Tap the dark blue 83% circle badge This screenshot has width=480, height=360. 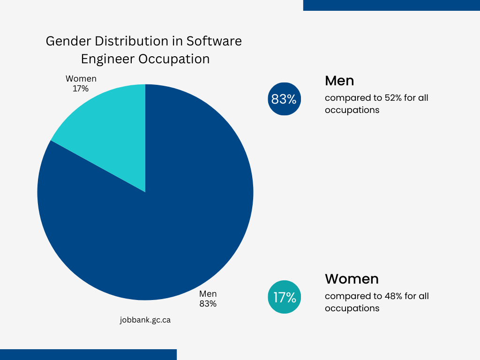click(284, 99)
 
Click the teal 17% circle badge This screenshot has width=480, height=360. click(284, 297)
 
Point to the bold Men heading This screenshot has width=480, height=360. click(339, 81)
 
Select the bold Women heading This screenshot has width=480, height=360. click(352, 279)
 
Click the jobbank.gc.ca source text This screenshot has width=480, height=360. click(145, 320)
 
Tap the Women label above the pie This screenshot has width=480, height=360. click(81, 79)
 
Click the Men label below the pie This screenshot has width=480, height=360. click(208, 294)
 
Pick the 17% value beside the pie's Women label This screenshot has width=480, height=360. click(81, 89)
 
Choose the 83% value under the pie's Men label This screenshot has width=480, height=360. click(208, 304)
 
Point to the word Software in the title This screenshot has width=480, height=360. click(214, 41)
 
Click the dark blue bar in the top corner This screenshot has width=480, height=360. click(391, 5)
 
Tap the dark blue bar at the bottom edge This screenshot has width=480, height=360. click(88, 354)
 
